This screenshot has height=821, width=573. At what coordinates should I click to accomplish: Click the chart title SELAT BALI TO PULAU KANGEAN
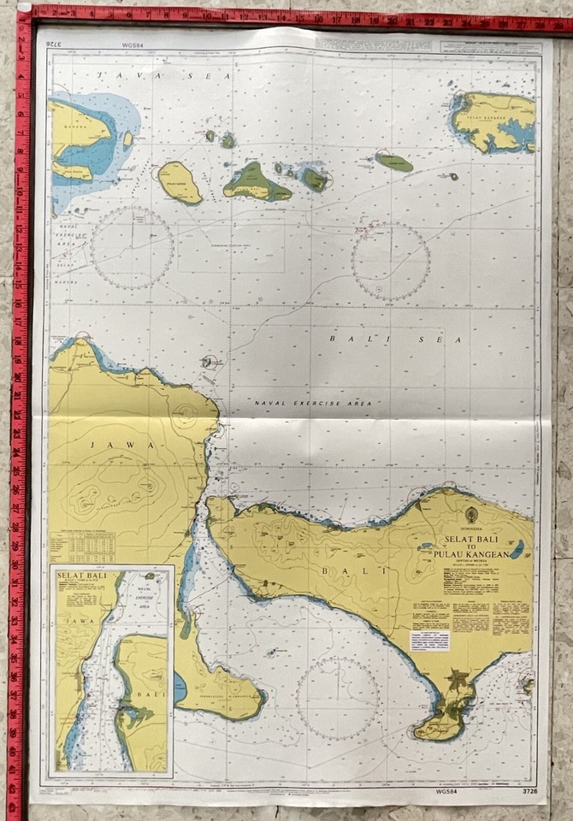click(x=475, y=546)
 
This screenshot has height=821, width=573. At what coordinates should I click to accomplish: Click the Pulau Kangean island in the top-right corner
click(x=494, y=121)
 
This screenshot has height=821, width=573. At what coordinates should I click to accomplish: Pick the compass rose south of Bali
click(x=339, y=698)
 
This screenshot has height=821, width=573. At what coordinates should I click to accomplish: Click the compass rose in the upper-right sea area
click(x=391, y=261)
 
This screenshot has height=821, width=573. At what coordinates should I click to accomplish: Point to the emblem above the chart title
click(x=471, y=515)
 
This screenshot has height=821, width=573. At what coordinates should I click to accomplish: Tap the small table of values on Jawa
click(x=82, y=546)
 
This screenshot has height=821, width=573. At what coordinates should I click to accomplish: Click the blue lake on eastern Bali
click(x=517, y=550)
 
